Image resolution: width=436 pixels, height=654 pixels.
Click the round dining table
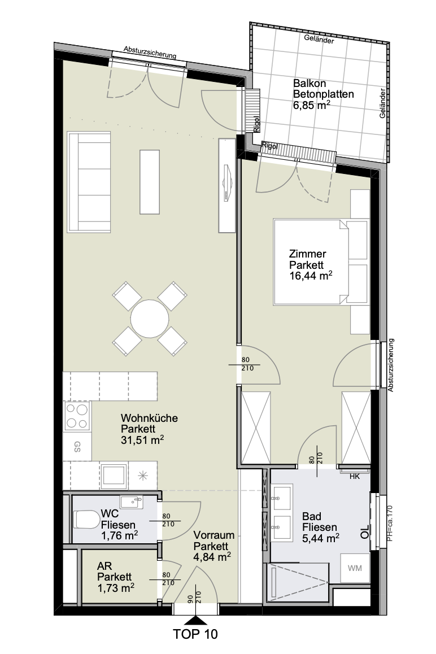[149, 319]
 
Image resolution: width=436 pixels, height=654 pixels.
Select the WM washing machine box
[355, 568]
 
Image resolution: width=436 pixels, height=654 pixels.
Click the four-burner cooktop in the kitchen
[77, 416]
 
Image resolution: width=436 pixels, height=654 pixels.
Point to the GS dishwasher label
[77, 447]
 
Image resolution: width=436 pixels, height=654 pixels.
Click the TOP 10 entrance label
[195, 634]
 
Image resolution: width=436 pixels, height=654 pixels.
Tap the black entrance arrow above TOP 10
[195, 620]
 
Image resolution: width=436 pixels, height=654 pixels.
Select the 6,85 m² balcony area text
[312, 105]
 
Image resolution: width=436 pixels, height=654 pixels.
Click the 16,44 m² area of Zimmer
[311, 275]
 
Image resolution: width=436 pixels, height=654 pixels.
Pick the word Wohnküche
[149, 418]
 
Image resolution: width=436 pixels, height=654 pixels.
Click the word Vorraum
[213, 535]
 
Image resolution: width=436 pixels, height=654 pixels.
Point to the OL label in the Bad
[365, 531]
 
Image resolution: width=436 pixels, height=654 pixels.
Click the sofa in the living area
[89, 182]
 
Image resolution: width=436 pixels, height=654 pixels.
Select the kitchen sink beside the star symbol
[114, 476]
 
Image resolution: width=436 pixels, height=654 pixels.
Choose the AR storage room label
[104, 566]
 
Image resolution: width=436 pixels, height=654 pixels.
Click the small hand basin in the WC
[132, 502]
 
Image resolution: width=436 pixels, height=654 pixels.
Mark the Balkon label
[309, 83]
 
